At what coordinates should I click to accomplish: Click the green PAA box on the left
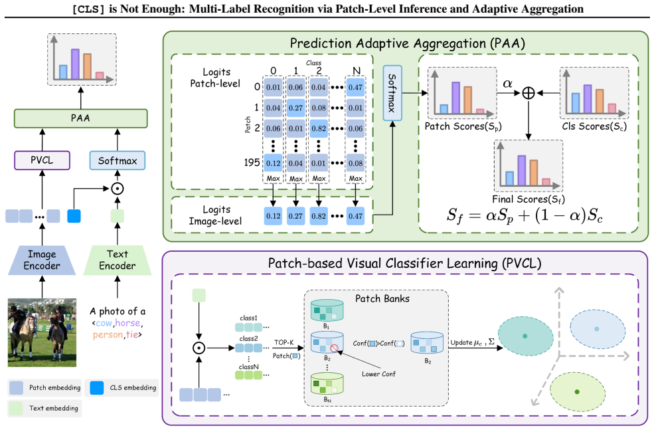[80, 118]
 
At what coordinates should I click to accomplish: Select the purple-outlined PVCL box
[42, 160]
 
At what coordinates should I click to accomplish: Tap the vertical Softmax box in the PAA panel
[392, 92]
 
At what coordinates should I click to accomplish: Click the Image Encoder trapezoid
[42, 260]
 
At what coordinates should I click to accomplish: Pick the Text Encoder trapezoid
[118, 260]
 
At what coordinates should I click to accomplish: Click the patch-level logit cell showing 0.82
[319, 128]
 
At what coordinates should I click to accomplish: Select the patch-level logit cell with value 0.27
[295, 108]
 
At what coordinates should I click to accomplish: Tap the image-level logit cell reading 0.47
[355, 216]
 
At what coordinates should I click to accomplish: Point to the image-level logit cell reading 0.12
[273, 216]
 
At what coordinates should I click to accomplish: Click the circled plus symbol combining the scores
[529, 92]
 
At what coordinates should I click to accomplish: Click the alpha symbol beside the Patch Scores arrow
[508, 84]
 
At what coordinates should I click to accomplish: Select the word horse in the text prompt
[127, 323]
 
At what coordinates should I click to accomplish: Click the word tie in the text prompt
[132, 334]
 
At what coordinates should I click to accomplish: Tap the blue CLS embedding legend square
[96, 388]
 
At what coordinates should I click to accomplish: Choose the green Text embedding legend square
[16, 408]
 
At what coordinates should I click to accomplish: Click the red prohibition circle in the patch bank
[334, 349]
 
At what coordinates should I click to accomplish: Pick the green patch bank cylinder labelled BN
[327, 383]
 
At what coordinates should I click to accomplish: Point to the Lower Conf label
[378, 374]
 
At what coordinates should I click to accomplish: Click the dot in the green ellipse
[577, 391]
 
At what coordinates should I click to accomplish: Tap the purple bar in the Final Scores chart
[521, 170]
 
